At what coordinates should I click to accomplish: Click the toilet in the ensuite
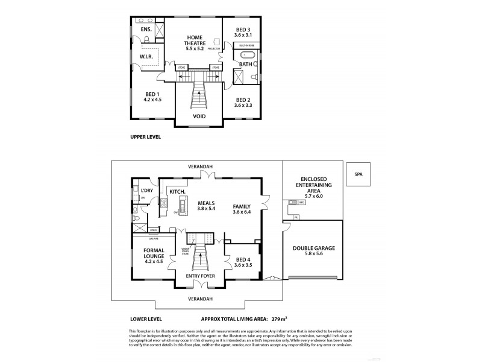(x=146, y=40)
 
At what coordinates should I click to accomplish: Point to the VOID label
(x=199, y=116)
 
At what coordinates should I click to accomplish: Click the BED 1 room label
(x=152, y=94)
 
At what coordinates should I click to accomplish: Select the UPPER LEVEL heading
(x=146, y=137)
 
